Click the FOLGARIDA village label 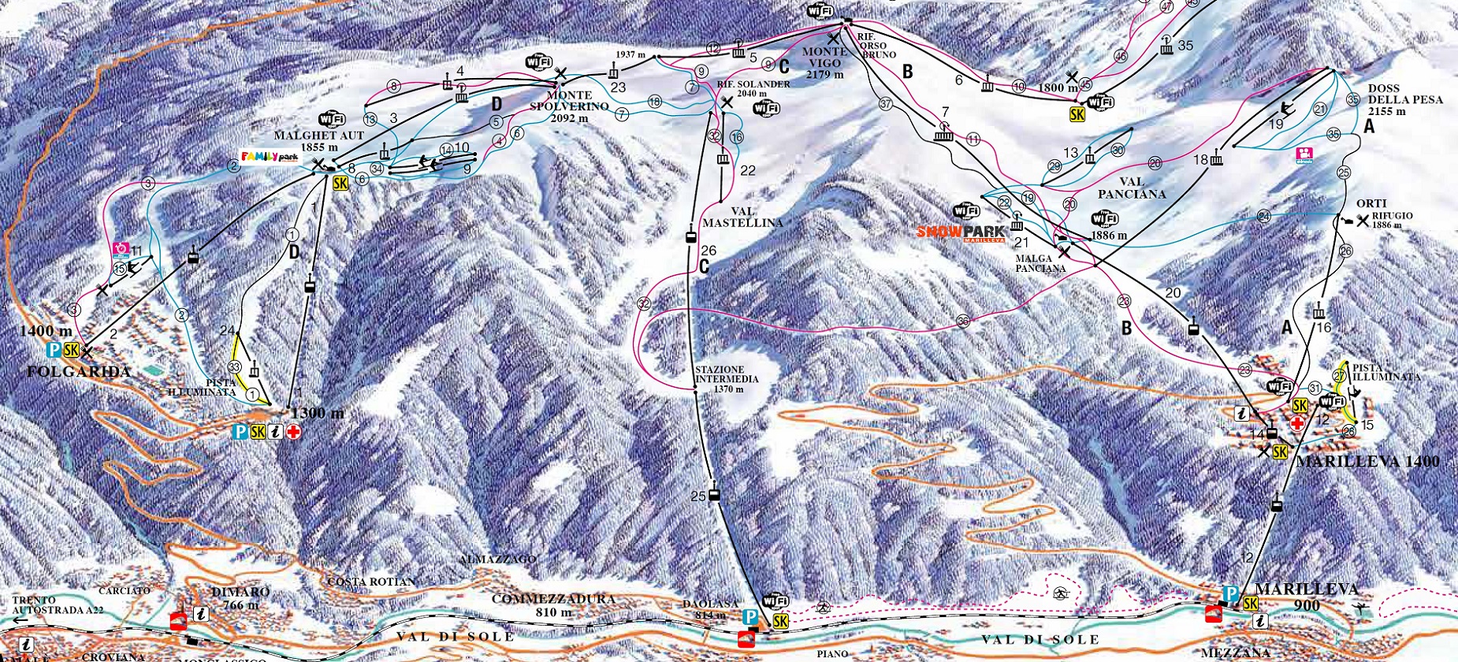78,371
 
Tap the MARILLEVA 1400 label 1367,462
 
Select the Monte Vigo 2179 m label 824,62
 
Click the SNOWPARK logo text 960,232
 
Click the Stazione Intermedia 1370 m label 720,379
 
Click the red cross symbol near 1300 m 293,432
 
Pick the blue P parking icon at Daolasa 751,617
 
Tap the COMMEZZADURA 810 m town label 553,605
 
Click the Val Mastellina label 742,217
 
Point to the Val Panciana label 1131,188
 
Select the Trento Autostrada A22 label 57,604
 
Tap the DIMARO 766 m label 240,598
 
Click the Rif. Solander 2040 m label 753,88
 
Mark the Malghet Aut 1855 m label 318,141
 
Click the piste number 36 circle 963,321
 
